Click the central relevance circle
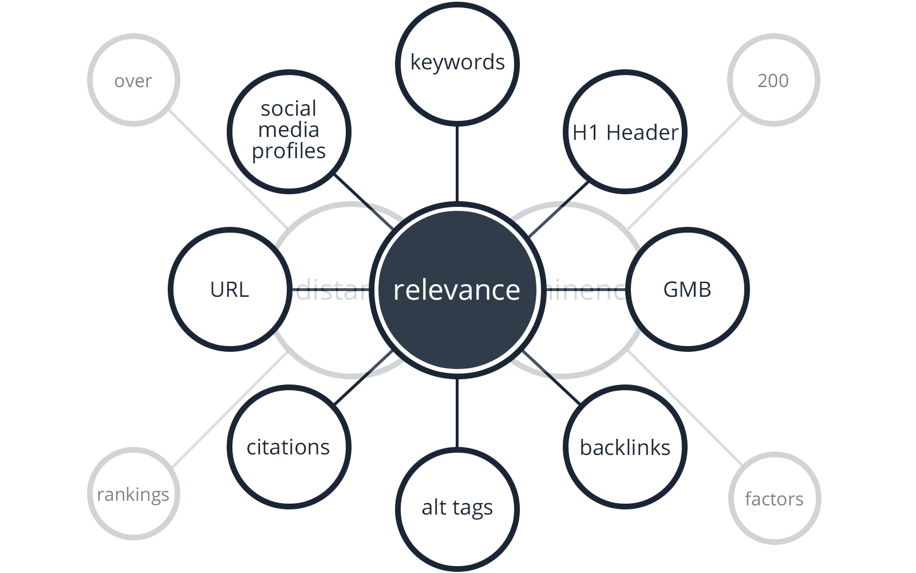(x=457, y=289)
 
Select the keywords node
(x=457, y=62)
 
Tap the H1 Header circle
(x=625, y=132)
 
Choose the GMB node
(x=687, y=289)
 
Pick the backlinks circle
(x=625, y=448)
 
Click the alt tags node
(x=457, y=508)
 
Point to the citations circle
(x=289, y=448)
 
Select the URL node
(x=230, y=289)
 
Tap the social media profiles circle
(x=289, y=129)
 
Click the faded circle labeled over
(x=133, y=81)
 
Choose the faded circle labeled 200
(x=773, y=81)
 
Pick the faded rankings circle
(x=133, y=494)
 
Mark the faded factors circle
(x=774, y=499)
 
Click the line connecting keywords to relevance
(x=457, y=163)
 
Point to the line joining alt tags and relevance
(x=457, y=413)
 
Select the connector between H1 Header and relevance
(x=558, y=209)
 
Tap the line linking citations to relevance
(x=364, y=379)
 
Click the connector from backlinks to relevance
(x=551, y=379)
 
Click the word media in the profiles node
(x=289, y=130)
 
